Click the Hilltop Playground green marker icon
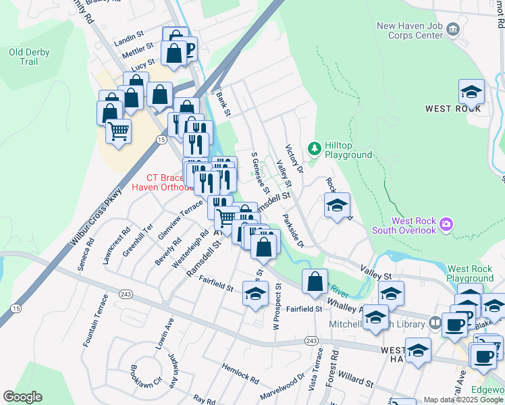(x=313, y=148)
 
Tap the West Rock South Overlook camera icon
(x=446, y=223)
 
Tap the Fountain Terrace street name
(x=95, y=321)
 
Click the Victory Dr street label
(x=294, y=158)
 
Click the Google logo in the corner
(x=22, y=397)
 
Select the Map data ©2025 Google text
(x=463, y=400)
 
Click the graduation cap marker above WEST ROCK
(x=471, y=92)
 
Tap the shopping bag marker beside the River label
(x=315, y=281)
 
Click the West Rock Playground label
(x=469, y=273)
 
